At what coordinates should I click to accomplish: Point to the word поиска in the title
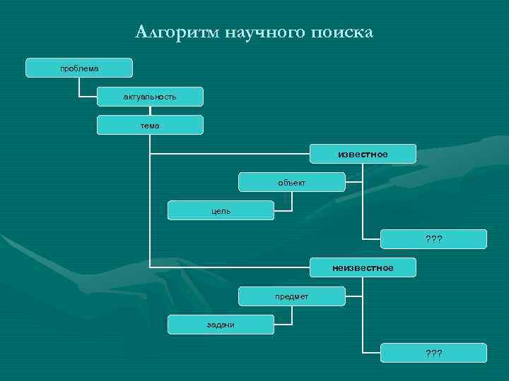point(341,32)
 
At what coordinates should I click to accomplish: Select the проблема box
point(79,68)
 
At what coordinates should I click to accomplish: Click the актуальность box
point(150,97)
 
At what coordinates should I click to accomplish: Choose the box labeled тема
point(150,125)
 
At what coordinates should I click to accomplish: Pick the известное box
point(363,154)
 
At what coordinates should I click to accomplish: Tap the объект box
point(291,182)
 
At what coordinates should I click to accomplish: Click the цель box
point(221,210)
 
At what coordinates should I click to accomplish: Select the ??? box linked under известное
point(433,239)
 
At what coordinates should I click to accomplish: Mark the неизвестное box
point(363,267)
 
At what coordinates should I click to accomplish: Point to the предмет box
point(291,296)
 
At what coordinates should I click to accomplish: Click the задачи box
point(221,324)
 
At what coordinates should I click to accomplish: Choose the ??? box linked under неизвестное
point(433,352)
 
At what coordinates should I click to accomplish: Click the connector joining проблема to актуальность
point(79,88)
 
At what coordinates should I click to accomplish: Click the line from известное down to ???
point(363,205)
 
